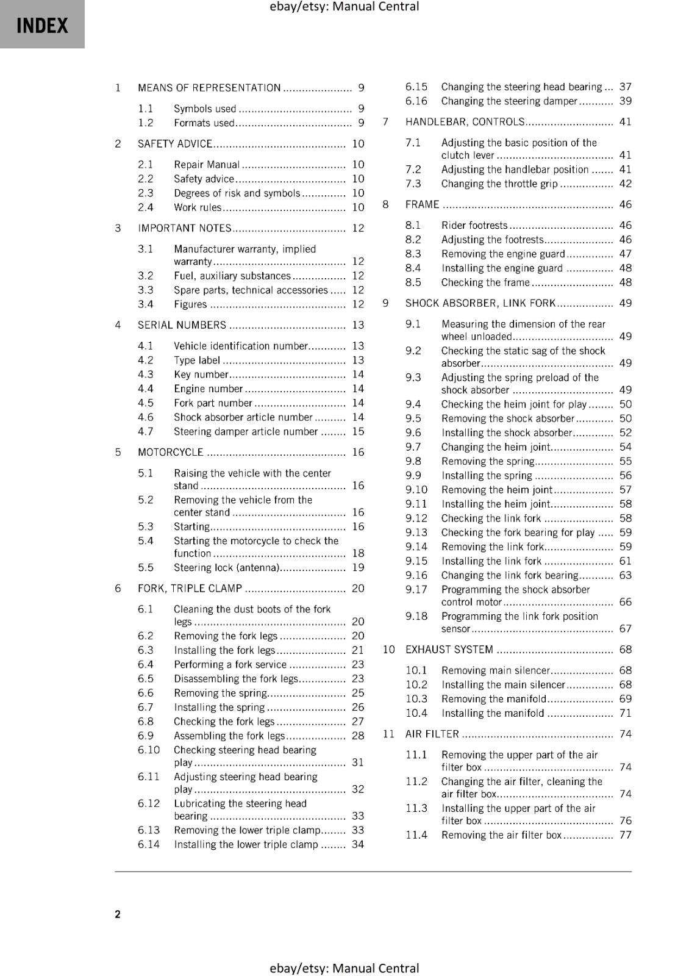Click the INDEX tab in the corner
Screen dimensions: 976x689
tap(42, 25)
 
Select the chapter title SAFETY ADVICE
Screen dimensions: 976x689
tap(174, 144)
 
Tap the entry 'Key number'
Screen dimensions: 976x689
tap(201, 375)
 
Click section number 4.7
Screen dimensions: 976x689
tap(145, 431)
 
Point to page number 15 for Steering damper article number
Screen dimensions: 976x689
tap(358, 431)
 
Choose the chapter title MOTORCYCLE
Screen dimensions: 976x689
tap(170, 452)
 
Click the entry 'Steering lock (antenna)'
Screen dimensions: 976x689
tap(226, 567)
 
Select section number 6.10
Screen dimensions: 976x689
tap(148, 750)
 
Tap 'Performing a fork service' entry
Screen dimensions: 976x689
tap(230, 664)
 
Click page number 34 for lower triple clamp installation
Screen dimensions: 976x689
tap(358, 844)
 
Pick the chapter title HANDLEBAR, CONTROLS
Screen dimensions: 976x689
tap(465, 122)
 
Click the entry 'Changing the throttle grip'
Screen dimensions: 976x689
tap(499, 184)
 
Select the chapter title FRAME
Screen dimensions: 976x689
tap(422, 204)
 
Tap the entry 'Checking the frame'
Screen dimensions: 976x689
tap(485, 282)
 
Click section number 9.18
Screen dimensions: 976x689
tap(416, 616)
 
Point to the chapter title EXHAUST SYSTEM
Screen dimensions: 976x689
tap(449, 650)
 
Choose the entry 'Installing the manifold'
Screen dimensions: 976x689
tap(493, 713)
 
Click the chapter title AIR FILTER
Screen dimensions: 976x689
tap(432, 734)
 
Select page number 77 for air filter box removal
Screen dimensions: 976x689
tap(626, 834)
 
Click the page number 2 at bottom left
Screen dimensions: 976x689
tap(118, 914)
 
